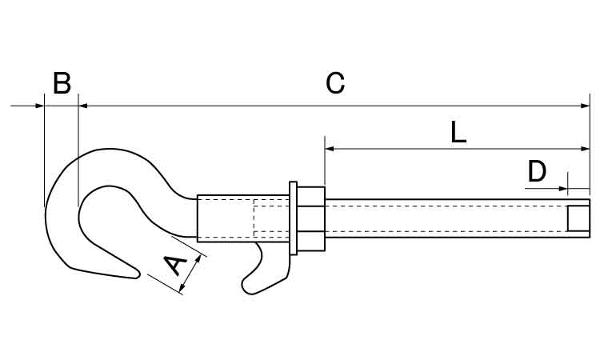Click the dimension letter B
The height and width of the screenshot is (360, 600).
coord(62,83)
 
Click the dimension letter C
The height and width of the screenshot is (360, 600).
coord(335,83)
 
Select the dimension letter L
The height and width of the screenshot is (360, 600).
coord(458,132)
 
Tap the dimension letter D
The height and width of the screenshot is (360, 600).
coord(537,171)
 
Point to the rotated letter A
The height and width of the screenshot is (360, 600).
coord(176,265)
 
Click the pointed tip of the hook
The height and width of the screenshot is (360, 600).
coord(138,275)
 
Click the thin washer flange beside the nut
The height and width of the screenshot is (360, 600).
coord(293,218)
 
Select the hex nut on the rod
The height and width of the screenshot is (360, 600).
coord(310,219)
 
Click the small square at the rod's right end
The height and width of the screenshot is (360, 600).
coord(578,218)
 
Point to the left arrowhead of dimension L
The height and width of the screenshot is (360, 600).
coord(330,149)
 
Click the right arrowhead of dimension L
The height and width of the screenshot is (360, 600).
coord(585,149)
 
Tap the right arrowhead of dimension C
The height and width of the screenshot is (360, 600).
coord(585,106)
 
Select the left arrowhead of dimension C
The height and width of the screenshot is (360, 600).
coord(83,106)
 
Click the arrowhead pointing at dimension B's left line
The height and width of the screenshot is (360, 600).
coord(40,106)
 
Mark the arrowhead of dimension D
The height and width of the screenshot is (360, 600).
coord(563,188)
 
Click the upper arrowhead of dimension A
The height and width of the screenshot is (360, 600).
coord(198,259)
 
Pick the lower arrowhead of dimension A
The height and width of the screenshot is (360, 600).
coord(182,287)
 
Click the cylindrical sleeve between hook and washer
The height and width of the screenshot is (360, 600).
coord(243,218)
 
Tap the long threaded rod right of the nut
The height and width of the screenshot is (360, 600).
coord(458,218)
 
